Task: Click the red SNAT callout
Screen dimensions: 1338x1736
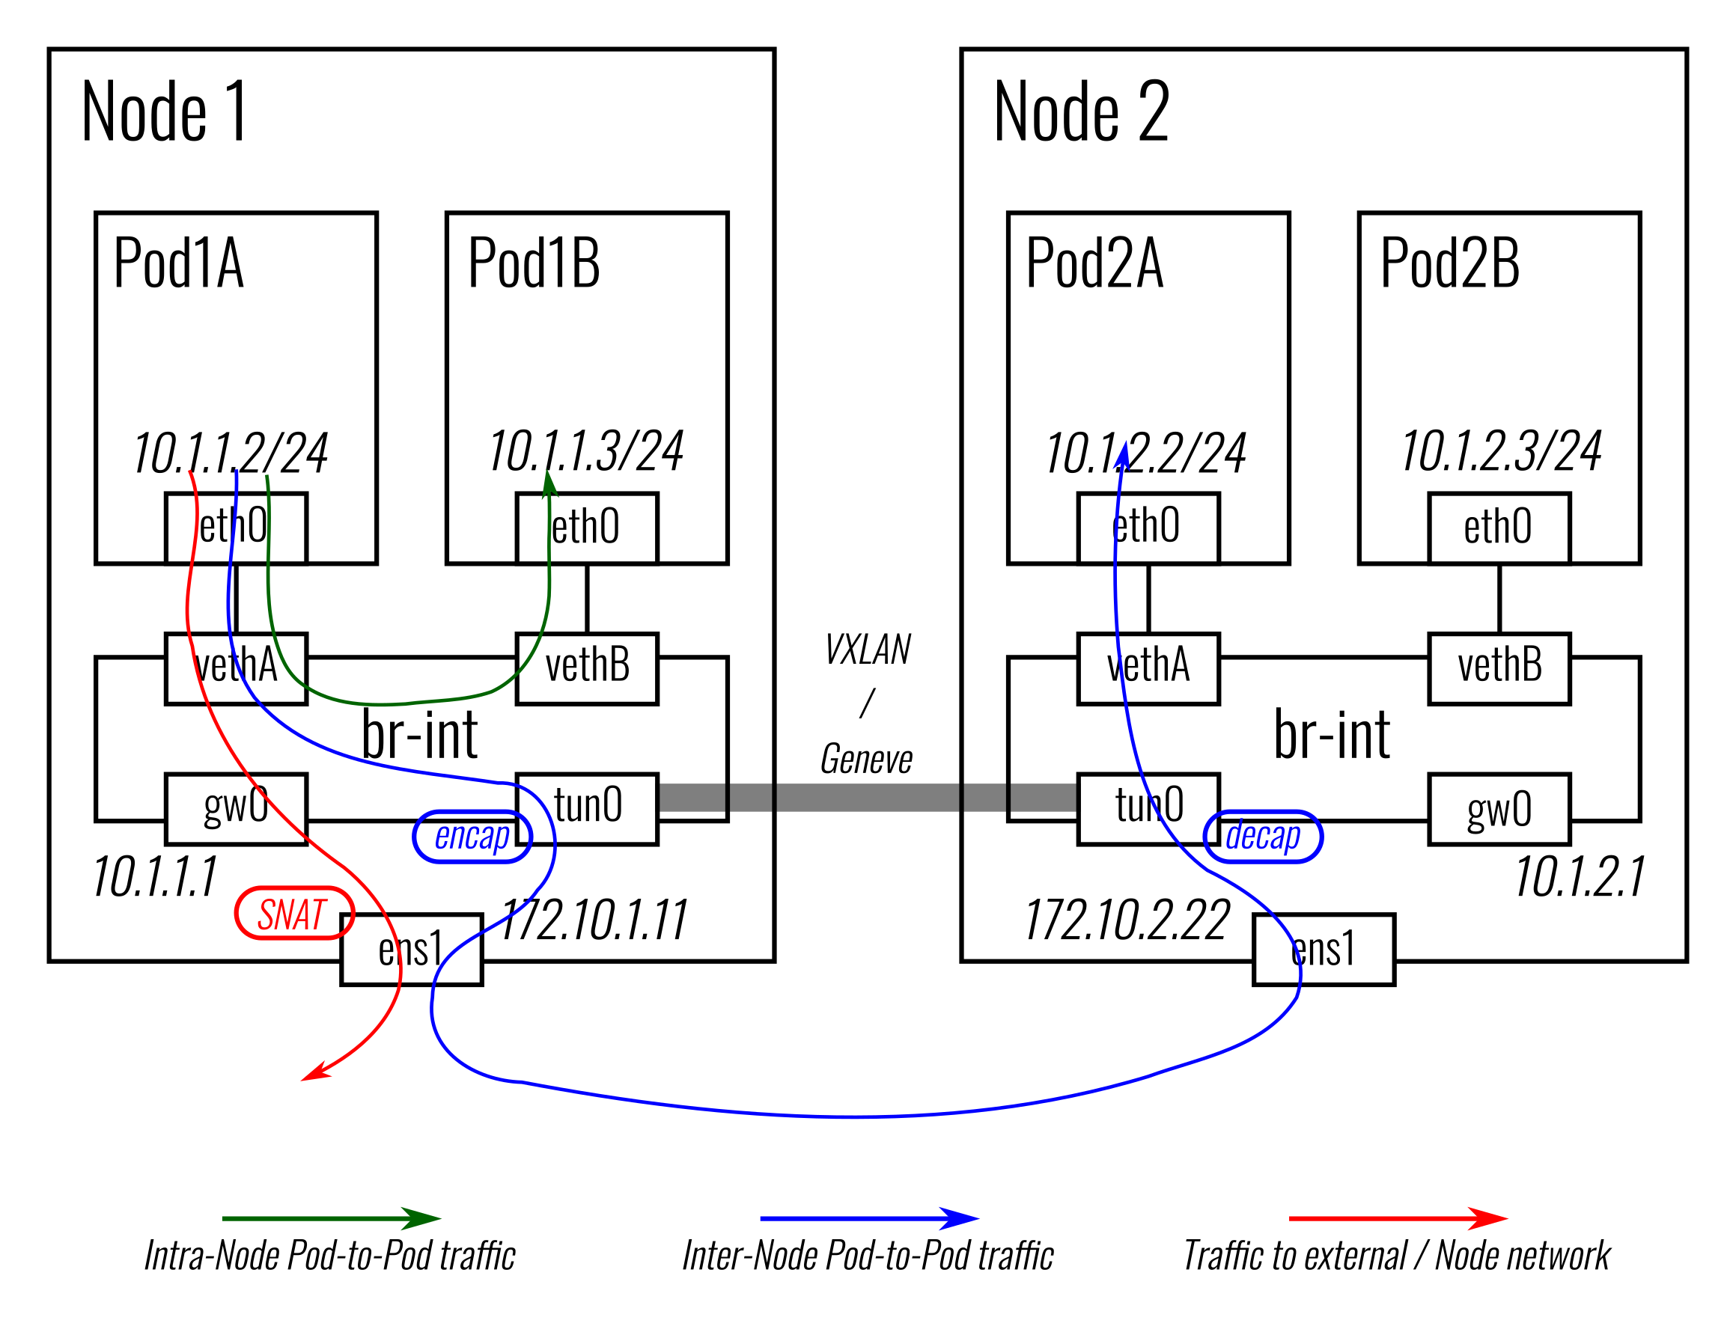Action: coord(293,914)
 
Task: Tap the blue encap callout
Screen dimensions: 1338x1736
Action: coord(472,836)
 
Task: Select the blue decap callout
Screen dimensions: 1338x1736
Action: coord(1262,836)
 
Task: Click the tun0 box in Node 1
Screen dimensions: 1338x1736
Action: coord(587,809)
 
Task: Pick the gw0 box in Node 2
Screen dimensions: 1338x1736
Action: coord(1499,809)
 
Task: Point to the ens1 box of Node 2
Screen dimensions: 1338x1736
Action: coord(1323,950)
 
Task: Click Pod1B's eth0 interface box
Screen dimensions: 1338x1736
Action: coord(587,528)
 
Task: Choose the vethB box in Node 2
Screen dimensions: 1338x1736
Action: coord(1499,668)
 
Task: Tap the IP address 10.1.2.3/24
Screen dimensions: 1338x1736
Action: coord(1500,451)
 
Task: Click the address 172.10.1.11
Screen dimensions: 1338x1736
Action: coord(593,920)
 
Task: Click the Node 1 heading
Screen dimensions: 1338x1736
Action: coord(165,112)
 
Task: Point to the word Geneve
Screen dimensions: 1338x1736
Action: coord(865,759)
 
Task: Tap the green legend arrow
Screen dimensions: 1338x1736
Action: coord(331,1218)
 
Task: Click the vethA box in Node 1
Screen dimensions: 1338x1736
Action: coord(236,668)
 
